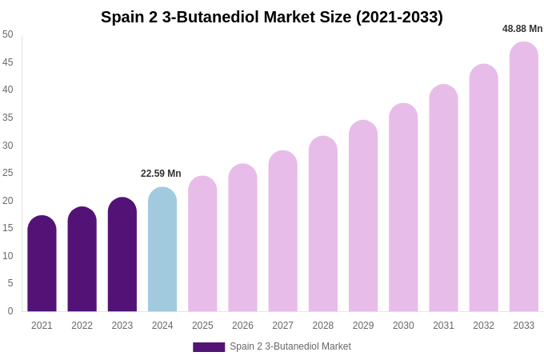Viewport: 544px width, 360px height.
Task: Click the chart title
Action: pos(272,17)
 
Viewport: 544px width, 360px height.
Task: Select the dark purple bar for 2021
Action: pos(42,264)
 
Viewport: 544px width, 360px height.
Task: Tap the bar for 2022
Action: pos(82,260)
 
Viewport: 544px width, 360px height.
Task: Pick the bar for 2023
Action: pos(122,255)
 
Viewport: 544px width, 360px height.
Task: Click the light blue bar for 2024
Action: pos(162,250)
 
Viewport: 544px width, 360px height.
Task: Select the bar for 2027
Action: pos(283,232)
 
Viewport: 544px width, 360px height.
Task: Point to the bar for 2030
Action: pos(403,208)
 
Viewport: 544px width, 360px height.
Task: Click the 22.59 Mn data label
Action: pos(161,174)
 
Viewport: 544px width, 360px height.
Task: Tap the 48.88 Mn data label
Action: pos(522,29)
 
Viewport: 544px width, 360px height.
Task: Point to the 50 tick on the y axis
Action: pos(8,34)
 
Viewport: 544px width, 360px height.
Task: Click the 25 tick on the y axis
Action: pos(8,173)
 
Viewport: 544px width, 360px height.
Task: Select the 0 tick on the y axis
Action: pos(10,311)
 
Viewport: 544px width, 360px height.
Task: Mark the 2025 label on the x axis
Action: pos(202,326)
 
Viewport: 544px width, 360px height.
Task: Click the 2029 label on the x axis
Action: pos(363,326)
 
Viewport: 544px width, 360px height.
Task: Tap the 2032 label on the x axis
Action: pos(483,326)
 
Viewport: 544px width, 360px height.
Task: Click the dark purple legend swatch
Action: pos(209,347)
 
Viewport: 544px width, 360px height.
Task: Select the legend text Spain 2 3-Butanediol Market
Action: pos(290,346)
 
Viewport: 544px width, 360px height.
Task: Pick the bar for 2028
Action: pos(323,225)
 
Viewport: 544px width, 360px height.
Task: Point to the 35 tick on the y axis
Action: pos(8,118)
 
